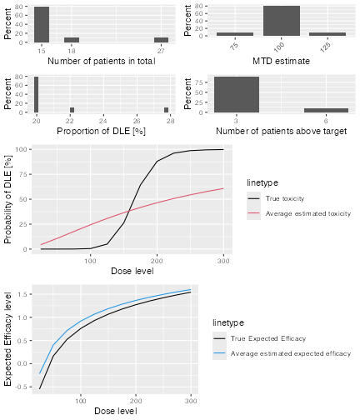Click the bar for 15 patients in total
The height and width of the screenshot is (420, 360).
click(42, 24)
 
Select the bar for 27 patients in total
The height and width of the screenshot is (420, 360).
click(161, 40)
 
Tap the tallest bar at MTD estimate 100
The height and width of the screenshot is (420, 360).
click(282, 21)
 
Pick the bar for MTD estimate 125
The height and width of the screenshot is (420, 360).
click(327, 34)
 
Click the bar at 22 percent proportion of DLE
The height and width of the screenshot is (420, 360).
click(72, 110)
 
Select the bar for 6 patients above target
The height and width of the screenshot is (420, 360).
click(326, 111)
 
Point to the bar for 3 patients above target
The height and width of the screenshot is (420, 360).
click(237, 94)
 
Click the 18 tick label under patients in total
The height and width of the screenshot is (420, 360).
click(72, 51)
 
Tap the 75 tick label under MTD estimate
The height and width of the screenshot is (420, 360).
click(235, 46)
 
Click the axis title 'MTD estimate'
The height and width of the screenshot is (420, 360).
click(281, 61)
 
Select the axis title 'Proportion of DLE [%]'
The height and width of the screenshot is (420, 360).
click(102, 131)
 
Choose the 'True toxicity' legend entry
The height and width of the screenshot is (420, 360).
click(285, 198)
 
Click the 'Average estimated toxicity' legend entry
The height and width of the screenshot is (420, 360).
click(308, 213)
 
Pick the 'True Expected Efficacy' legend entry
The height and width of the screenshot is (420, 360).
click(268, 338)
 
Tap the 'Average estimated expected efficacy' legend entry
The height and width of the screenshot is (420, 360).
click(291, 353)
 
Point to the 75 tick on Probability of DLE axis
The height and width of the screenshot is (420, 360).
click(23, 174)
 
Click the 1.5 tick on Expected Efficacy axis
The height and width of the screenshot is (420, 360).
click(23, 294)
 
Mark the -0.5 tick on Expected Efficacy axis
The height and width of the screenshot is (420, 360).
click(22, 387)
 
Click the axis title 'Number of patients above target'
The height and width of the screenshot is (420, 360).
click(281, 131)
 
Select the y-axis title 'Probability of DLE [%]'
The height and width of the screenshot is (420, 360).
click(8, 199)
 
